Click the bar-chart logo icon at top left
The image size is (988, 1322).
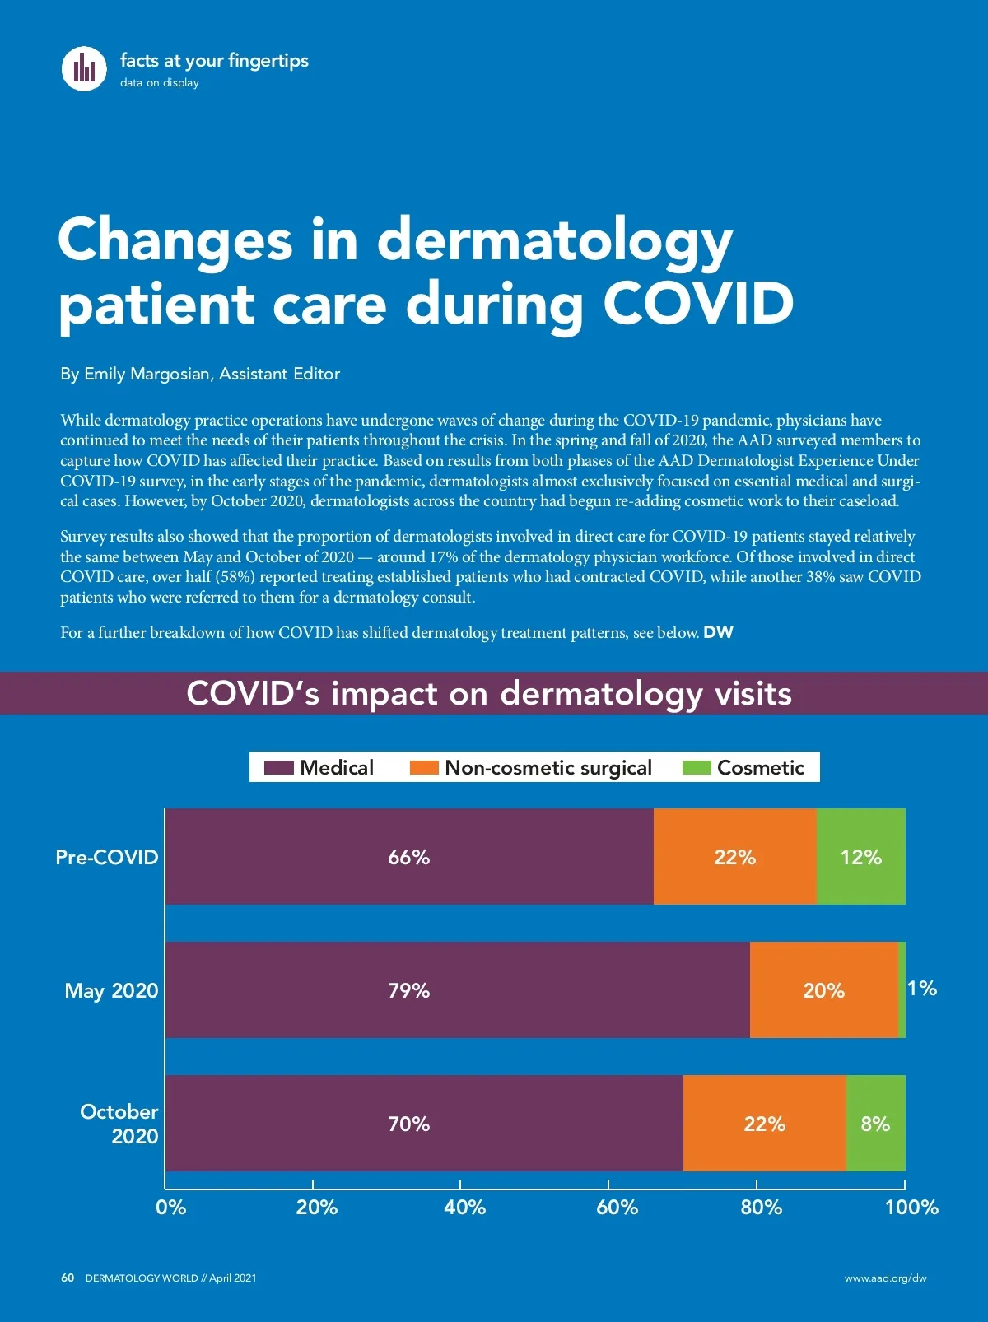point(84,67)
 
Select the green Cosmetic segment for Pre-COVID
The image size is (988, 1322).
point(861,857)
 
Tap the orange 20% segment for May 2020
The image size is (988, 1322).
point(824,990)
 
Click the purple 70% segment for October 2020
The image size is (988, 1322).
point(424,1124)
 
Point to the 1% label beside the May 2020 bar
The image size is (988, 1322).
point(922,988)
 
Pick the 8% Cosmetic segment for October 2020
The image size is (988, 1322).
point(875,1124)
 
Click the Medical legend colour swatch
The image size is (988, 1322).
point(278,768)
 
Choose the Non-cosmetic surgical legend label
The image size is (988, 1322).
point(548,768)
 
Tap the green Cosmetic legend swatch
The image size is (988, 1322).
point(697,768)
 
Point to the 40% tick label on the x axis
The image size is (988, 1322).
point(464,1208)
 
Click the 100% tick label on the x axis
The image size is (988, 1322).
point(911,1208)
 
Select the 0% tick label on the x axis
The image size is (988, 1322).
point(170,1208)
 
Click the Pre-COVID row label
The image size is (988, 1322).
point(107,857)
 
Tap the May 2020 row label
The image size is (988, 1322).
point(111,990)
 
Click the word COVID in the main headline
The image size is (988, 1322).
point(698,304)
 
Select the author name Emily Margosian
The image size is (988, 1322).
point(147,374)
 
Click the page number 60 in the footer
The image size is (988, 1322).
point(68,1278)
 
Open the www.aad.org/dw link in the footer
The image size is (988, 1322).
point(885,1278)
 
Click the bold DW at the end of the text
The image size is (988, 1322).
point(718,632)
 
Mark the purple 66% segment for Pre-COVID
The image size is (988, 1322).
point(409,857)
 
